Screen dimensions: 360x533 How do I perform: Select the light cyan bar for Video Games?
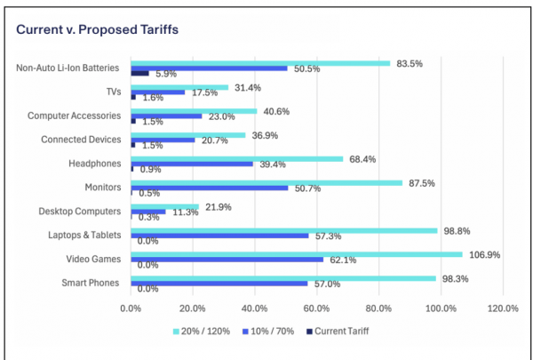tap(296, 255)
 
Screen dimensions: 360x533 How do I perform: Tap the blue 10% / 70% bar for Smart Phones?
tap(219, 284)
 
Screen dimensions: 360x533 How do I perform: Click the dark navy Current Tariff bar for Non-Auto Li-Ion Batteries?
tap(139, 72)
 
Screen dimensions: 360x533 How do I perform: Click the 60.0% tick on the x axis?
tap(317, 308)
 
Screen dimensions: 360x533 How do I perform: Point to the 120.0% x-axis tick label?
tap(503, 308)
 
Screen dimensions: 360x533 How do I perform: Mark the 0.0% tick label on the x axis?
tap(131, 308)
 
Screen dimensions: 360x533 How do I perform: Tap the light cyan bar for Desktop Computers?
tap(164, 207)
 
